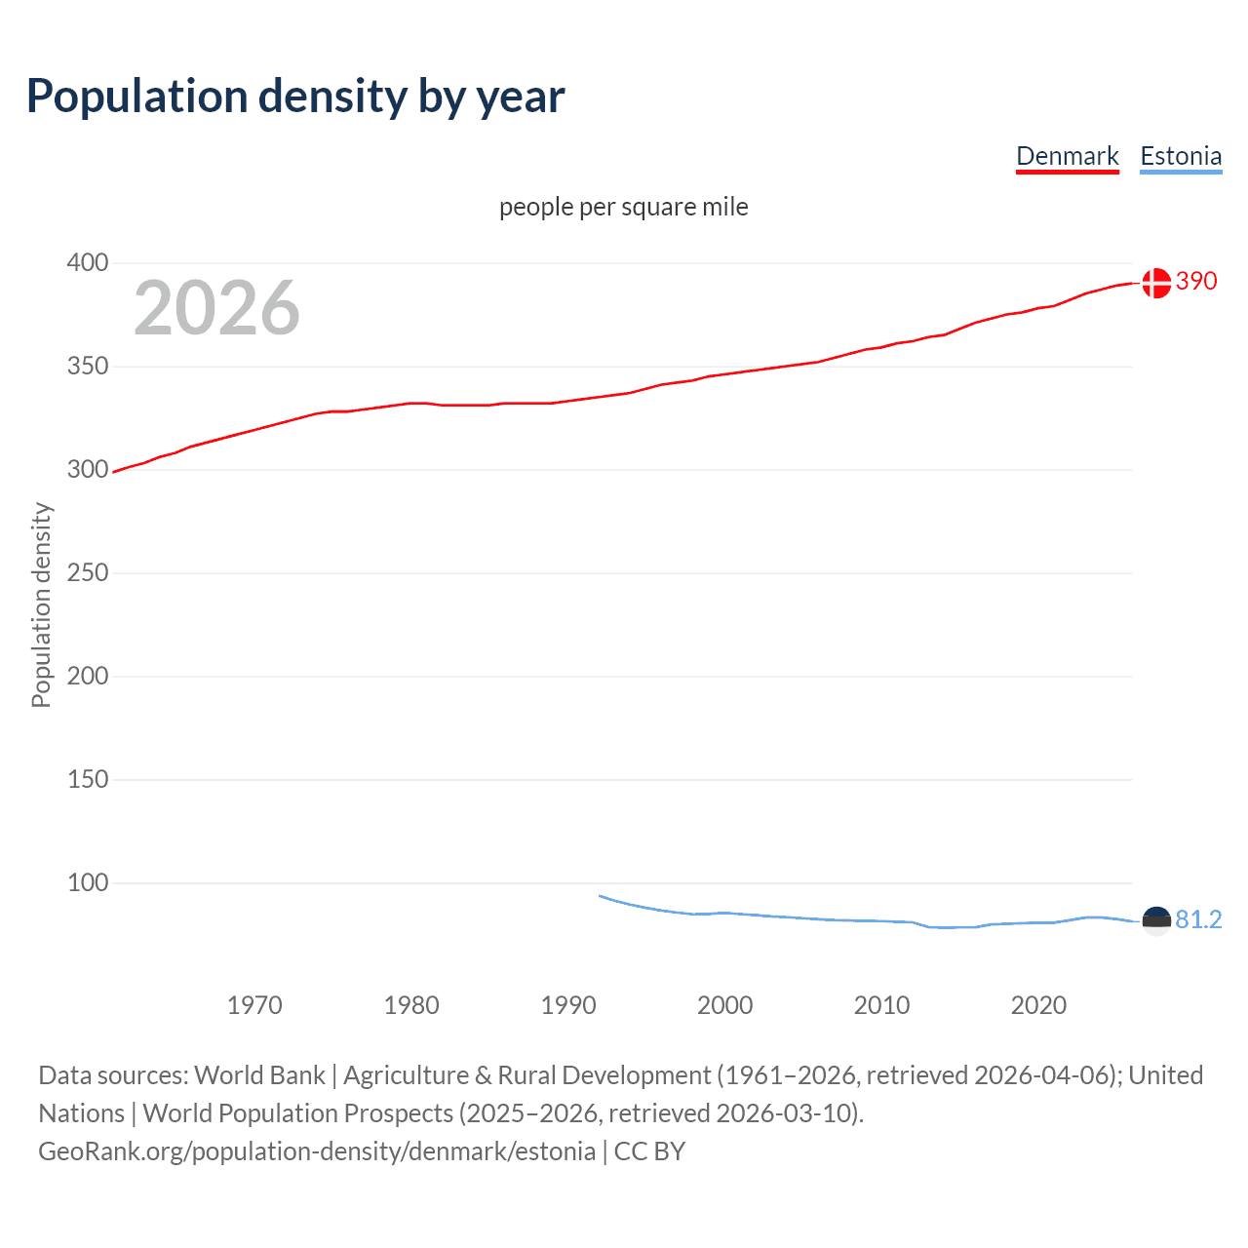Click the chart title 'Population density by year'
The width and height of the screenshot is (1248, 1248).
[295, 97]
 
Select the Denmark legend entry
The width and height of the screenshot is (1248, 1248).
[1067, 156]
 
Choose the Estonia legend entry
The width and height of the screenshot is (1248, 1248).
[1180, 156]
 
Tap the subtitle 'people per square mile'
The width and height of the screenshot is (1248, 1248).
[623, 207]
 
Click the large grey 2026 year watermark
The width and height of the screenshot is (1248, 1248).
[216, 308]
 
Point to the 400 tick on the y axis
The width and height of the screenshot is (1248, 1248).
[88, 262]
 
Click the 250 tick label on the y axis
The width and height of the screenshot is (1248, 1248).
[88, 572]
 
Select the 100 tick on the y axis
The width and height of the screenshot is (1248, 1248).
[88, 882]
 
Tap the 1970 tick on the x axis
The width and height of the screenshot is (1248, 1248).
[254, 1005]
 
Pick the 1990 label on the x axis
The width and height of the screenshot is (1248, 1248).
[568, 1005]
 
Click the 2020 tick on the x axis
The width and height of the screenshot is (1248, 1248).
[1038, 1005]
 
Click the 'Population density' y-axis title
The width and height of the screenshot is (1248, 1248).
[41, 604]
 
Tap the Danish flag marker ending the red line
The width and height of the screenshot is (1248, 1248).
[1155, 283]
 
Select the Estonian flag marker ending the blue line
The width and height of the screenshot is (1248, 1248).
[1155, 920]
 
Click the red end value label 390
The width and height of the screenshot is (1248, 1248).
[1196, 281]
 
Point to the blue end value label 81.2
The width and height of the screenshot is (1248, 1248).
[1198, 919]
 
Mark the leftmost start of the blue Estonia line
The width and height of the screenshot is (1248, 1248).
[600, 895]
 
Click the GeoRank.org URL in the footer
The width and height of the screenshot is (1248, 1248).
[317, 1151]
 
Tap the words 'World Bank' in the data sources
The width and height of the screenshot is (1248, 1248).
[259, 1075]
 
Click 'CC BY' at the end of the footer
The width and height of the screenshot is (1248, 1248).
[649, 1151]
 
